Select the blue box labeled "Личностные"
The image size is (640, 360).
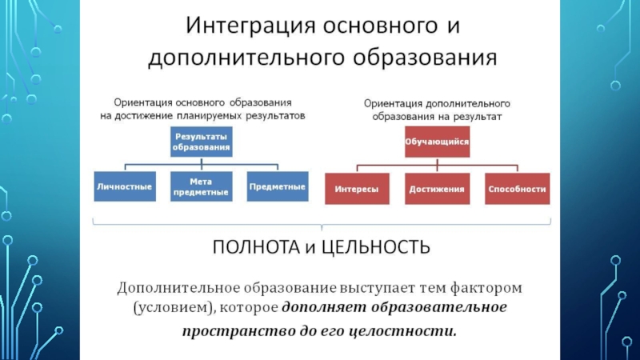coord(123,186)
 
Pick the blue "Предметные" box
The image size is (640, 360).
coord(277,186)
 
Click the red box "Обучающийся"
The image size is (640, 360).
coord(436,142)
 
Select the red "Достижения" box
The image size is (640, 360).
coord(436,190)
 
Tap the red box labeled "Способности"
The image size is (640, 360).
coord(517,190)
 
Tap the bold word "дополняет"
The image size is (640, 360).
coord(314,307)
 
